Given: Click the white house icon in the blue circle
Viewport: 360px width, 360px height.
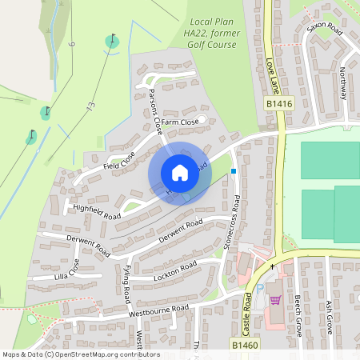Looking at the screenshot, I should click(x=179, y=172).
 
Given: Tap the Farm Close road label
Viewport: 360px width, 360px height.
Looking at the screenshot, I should click(x=180, y=122).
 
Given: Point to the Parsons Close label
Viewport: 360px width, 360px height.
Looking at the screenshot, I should click(x=156, y=111).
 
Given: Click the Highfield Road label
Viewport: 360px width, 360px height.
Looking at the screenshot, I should click(x=96, y=211).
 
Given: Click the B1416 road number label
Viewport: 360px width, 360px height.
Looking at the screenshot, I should click(x=279, y=104).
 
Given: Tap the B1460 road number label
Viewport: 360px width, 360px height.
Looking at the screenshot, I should click(x=246, y=342).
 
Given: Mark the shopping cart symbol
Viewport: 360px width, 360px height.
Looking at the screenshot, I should click(x=276, y=300).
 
